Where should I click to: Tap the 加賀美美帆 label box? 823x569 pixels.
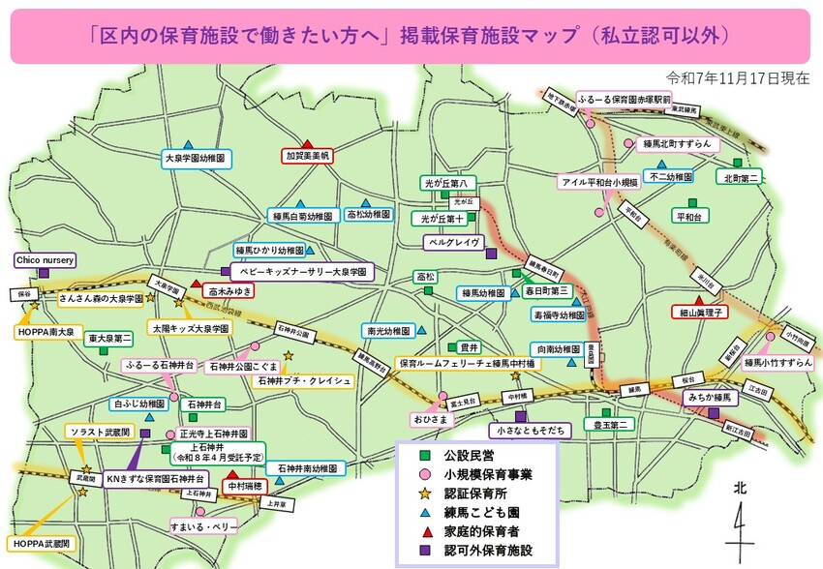(307, 155)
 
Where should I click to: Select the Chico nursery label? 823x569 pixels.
(44, 260)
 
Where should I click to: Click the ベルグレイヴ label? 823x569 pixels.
(454, 242)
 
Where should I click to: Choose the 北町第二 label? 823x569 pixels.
(742, 177)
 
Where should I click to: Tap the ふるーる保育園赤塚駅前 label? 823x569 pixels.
(624, 100)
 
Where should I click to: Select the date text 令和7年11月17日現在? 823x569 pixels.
(738, 77)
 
